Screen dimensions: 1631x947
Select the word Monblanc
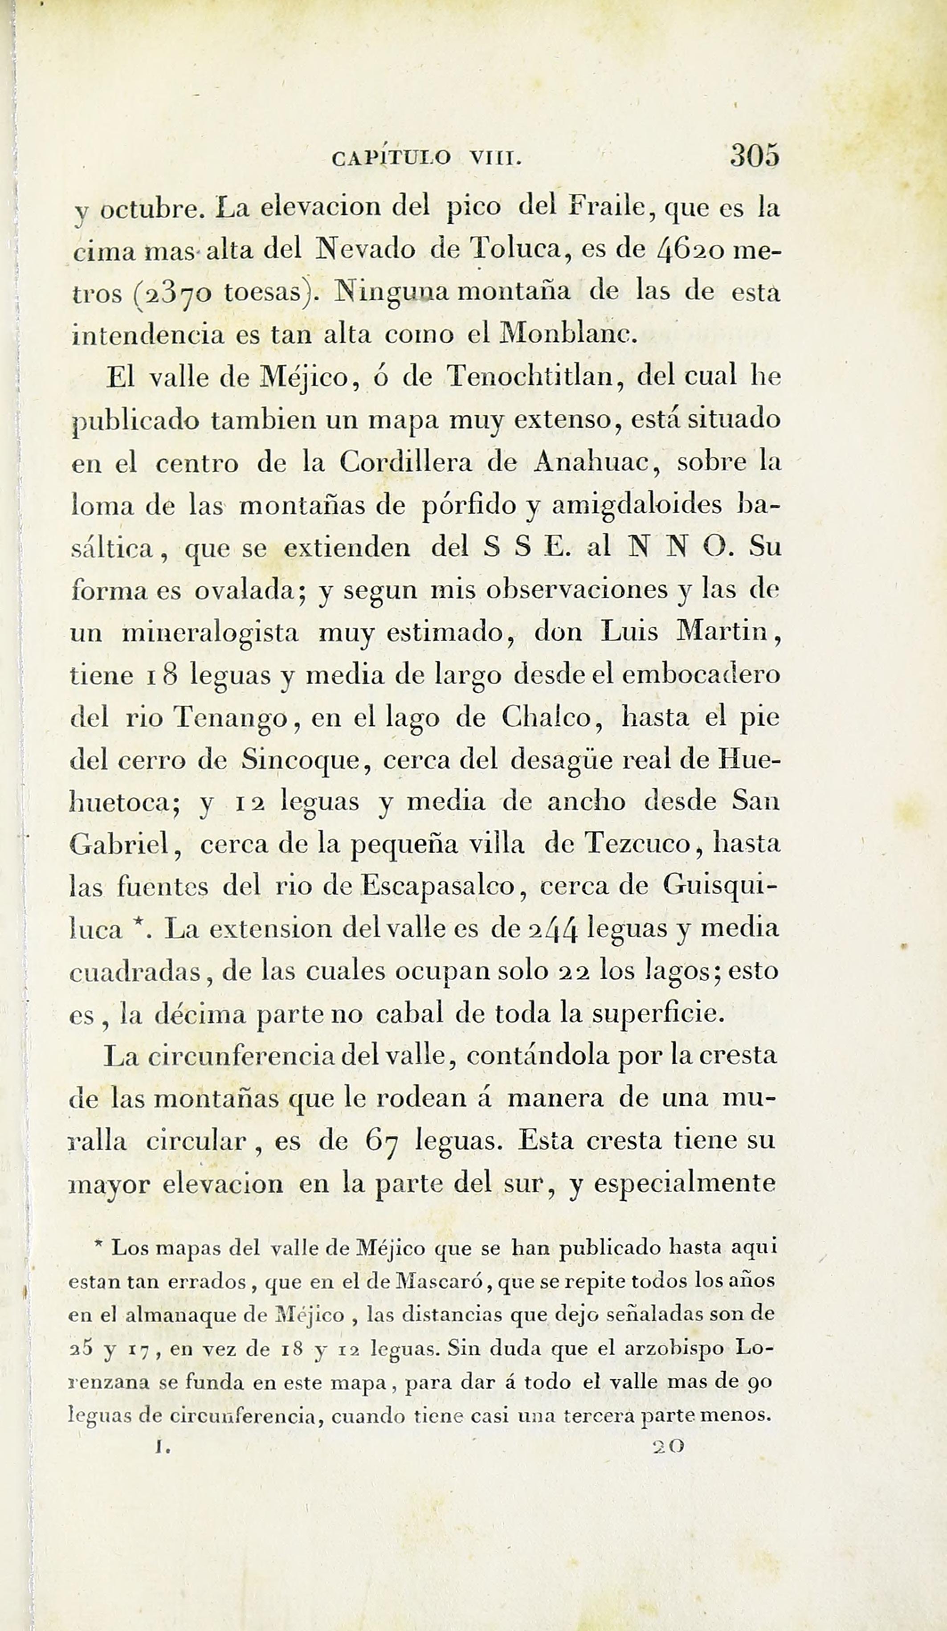(570, 335)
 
